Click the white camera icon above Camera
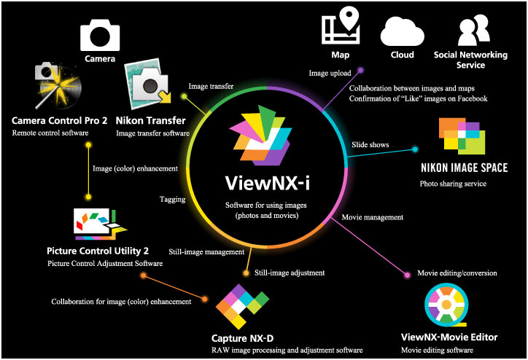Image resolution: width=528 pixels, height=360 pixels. [x=100, y=34]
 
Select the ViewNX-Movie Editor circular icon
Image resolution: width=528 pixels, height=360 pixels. [x=448, y=307]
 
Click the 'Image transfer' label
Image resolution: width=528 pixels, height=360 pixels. [x=211, y=87]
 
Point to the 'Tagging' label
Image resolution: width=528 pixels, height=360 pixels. [x=172, y=198]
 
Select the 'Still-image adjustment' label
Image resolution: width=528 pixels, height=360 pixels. [x=290, y=273]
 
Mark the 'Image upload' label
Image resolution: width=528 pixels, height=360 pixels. [x=329, y=73]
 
